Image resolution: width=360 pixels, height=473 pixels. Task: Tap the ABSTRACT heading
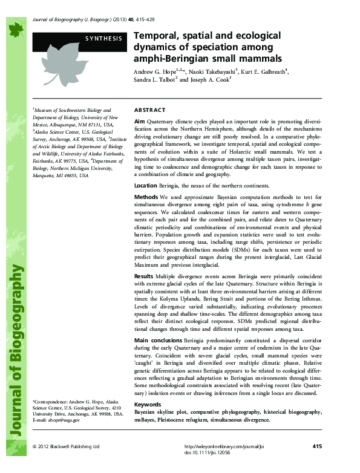point(149,110)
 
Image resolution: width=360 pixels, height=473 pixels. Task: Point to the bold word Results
point(144,275)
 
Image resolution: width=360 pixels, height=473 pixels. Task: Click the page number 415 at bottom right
point(317,446)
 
